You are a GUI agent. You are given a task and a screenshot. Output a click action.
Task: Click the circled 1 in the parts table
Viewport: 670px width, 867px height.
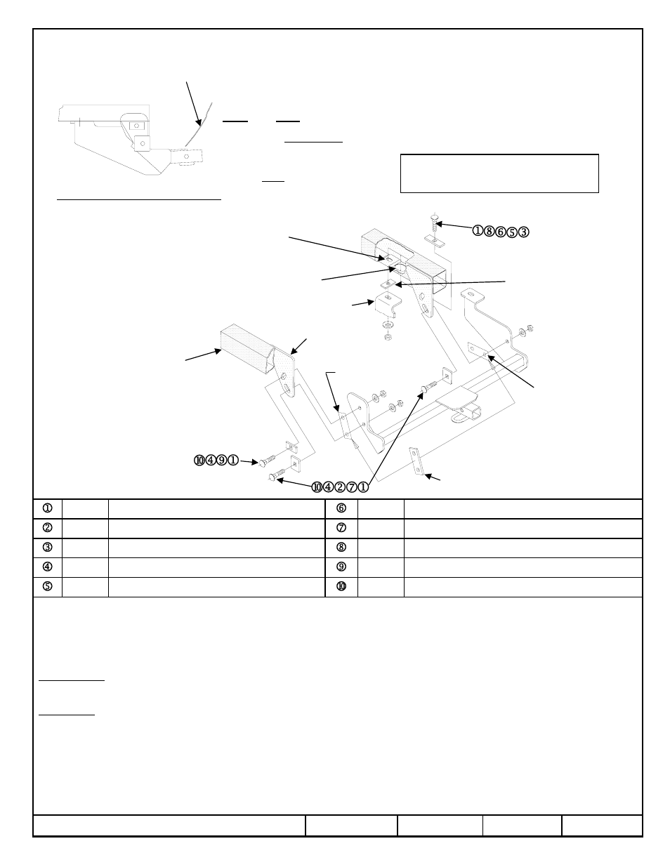(x=48, y=509)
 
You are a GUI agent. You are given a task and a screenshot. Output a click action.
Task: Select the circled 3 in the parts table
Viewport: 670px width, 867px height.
(x=48, y=548)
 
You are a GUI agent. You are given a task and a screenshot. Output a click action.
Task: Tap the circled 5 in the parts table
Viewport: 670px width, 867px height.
(x=48, y=587)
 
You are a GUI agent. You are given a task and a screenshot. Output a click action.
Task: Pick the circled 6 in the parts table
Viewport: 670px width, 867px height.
(x=341, y=509)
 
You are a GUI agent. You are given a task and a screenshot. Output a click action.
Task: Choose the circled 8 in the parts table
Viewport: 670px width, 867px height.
(x=341, y=548)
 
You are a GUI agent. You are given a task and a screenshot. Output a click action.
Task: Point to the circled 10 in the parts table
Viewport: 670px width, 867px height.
(x=341, y=587)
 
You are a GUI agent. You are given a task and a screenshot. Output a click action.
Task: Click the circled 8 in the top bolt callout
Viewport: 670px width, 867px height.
(x=489, y=231)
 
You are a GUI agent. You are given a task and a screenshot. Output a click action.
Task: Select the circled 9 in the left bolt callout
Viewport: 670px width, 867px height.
(x=222, y=461)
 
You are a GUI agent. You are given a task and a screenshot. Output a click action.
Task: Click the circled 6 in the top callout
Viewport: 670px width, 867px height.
(x=501, y=231)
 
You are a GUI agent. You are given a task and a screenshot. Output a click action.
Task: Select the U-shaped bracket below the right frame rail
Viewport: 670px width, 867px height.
(x=386, y=305)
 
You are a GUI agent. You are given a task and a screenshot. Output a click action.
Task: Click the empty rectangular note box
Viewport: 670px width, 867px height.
(x=499, y=173)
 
